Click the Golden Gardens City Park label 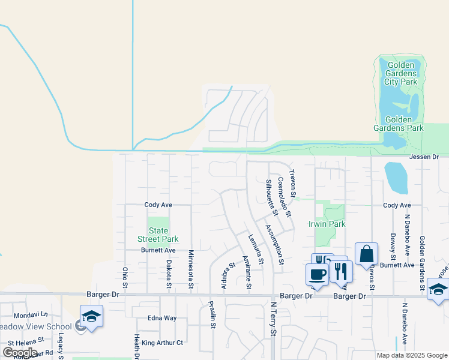(402, 73)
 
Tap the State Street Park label (158, 235)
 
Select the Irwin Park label (327, 224)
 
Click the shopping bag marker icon (366, 254)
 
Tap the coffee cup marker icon (317, 274)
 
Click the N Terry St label (272, 319)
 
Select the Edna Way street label (162, 318)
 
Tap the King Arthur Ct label (162, 343)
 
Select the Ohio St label (125, 277)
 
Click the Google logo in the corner (20, 352)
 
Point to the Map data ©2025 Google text (412, 355)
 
